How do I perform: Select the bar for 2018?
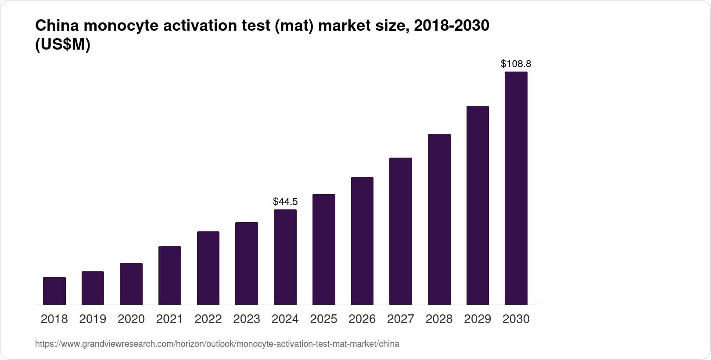click(x=54, y=291)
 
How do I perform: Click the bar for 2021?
click(x=170, y=275)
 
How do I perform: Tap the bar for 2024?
click(x=285, y=257)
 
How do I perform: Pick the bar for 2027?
click(x=401, y=231)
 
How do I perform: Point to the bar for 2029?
click(x=478, y=205)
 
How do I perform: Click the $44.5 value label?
click(x=285, y=202)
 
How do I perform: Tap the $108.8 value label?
click(x=516, y=64)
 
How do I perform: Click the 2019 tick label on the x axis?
click(x=93, y=319)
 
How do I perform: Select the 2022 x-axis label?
click(x=208, y=319)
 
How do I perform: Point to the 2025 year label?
click(x=323, y=319)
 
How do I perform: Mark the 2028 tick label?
click(x=439, y=319)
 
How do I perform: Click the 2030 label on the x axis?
click(x=516, y=319)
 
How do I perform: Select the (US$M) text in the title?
click(x=62, y=45)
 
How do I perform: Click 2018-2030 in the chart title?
click(x=452, y=26)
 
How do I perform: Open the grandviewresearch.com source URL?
click(x=217, y=344)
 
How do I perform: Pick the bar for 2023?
click(x=247, y=263)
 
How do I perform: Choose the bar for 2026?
click(x=362, y=241)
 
